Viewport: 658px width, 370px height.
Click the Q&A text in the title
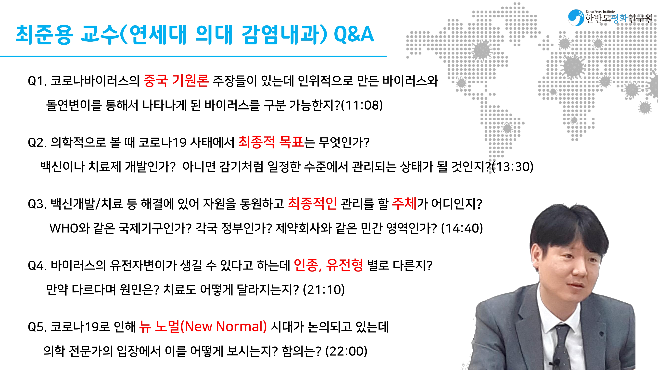pyautogui.click(x=354, y=35)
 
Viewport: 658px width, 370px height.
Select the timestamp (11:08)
pyautogui.click(x=362, y=105)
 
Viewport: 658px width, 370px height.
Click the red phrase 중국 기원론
pyautogui.click(x=176, y=81)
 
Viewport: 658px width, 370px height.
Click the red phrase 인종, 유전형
pyautogui.click(x=328, y=265)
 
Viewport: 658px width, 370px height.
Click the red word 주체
pyautogui.click(x=404, y=204)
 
